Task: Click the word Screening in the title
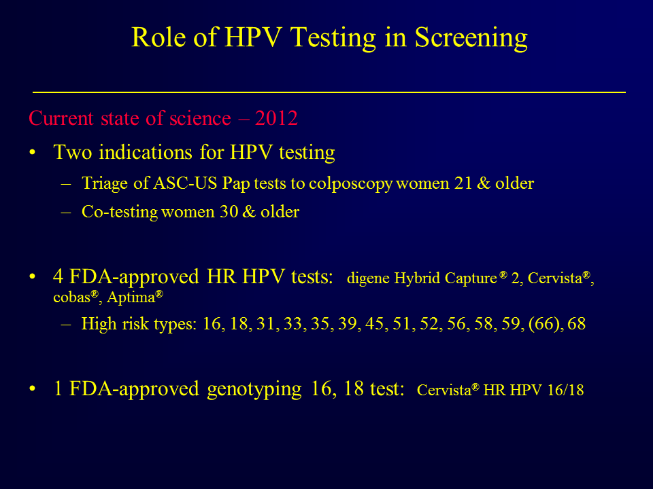click(x=471, y=38)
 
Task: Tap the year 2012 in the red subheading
click(x=277, y=118)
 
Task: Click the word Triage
click(x=105, y=184)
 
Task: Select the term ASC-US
click(x=185, y=183)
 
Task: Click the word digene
click(x=368, y=278)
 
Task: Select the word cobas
click(x=72, y=297)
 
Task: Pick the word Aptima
click(x=131, y=297)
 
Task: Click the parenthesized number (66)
click(x=544, y=324)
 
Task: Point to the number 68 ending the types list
click(x=576, y=324)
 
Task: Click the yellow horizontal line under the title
click(x=329, y=92)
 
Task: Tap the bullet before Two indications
click(x=33, y=153)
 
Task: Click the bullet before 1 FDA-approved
click(x=33, y=388)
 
